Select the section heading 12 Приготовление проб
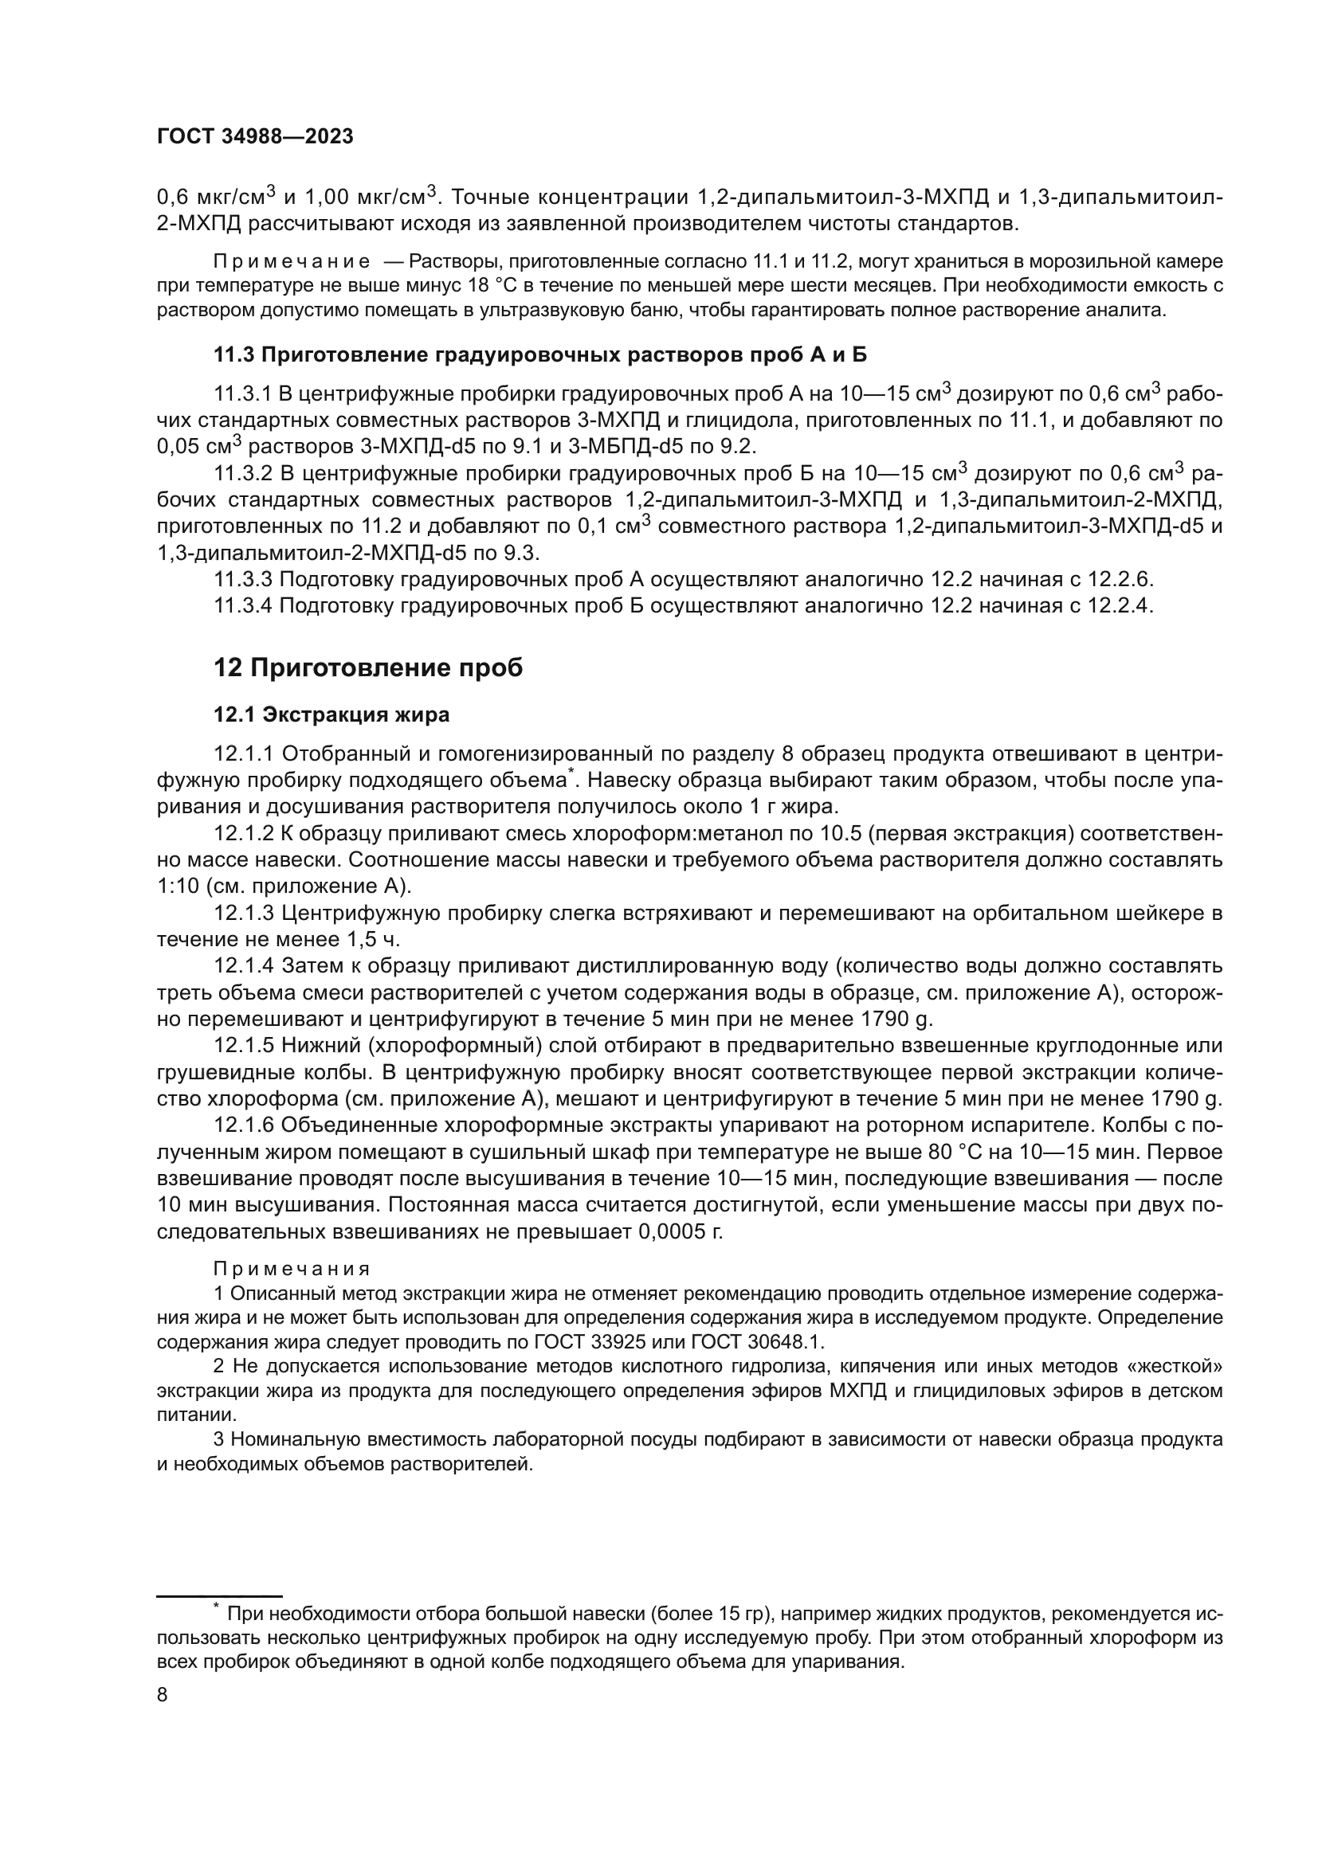click(367, 667)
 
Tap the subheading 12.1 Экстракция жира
click(331, 714)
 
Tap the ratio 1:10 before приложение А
click(178, 885)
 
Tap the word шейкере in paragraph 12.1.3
click(1167, 914)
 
